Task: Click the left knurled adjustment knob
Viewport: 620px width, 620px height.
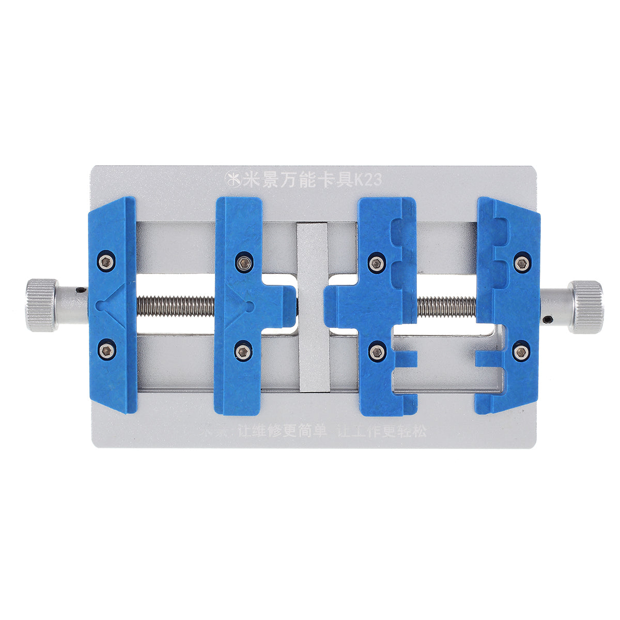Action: [x=42, y=305]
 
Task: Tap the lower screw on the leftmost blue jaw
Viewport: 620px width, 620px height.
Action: [x=106, y=351]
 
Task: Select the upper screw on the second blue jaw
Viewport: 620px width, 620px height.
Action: [x=243, y=262]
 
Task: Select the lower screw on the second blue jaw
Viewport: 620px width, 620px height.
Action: [x=243, y=352]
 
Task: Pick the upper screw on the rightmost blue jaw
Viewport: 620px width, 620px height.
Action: [x=522, y=263]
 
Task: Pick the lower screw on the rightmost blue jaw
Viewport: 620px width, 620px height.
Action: [x=521, y=352]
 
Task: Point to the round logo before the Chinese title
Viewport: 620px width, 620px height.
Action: [x=230, y=180]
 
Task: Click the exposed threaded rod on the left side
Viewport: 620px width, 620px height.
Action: [x=176, y=306]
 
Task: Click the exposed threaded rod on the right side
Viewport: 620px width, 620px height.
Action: [x=446, y=307]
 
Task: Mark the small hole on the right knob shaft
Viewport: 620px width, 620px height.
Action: [x=547, y=321]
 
